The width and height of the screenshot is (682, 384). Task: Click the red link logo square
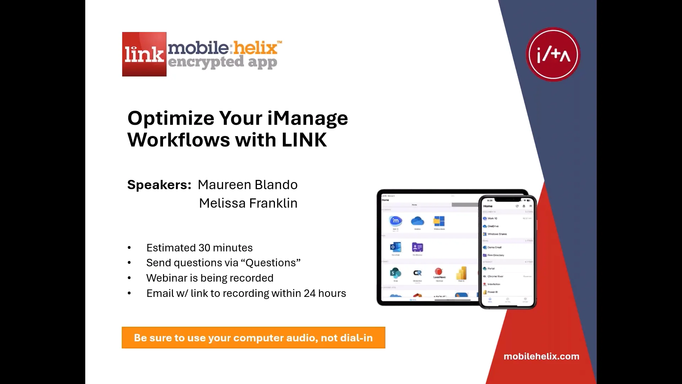click(x=144, y=54)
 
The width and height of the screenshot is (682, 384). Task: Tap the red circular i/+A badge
click(x=553, y=55)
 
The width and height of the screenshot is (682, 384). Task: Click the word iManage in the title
click(x=308, y=118)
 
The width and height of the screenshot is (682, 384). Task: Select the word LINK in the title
click(x=304, y=140)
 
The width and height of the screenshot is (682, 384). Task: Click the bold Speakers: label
click(x=159, y=185)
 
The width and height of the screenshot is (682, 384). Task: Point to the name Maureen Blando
click(x=248, y=185)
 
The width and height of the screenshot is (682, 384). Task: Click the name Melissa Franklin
click(x=248, y=203)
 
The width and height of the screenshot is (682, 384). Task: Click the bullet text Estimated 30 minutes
click(x=199, y=248)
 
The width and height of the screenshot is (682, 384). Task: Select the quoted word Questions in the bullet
click(x=271, y=263)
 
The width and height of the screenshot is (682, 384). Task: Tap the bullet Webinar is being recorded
click(x=210, y=278)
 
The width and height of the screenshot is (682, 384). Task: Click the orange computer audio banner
click(x=253, y=338)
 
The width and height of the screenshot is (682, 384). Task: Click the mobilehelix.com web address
click(x=541, y=356)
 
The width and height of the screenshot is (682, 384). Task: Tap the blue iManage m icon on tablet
click(x=395, y=221)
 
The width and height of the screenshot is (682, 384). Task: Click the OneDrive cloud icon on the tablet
click(x=417, y=221)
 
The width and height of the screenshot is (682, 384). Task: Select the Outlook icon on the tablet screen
click(x=395, y=247)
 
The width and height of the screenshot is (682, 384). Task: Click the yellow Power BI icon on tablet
click(x=461, y=273)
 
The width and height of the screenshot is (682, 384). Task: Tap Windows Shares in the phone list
click(x=497, y=234)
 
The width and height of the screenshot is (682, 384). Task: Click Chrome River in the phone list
click(x=495, y=276)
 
